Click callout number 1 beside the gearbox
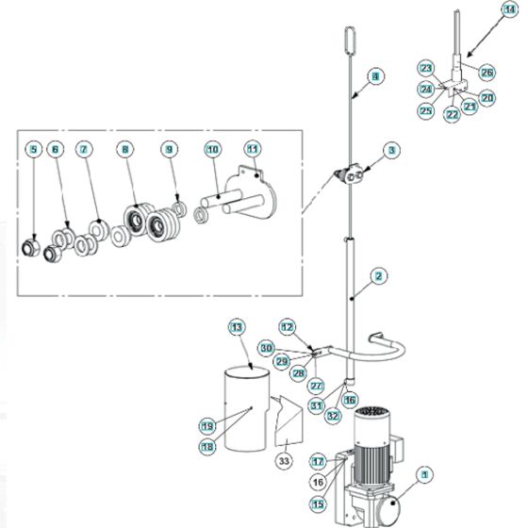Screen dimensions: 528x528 (425, 476)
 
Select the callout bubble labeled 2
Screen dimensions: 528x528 (378, 276)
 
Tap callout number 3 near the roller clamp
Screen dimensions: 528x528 (391, 150)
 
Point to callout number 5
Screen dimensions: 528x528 (34, 149)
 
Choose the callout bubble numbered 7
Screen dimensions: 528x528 (84, 149)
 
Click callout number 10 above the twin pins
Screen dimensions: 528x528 (213, 149)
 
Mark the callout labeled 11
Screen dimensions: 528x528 (252, 149)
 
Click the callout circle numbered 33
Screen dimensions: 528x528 (284, 461)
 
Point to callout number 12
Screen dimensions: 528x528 (288, 325)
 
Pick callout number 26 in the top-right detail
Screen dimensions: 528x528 (487, 72)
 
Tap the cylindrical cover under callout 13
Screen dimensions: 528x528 (243, 410)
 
